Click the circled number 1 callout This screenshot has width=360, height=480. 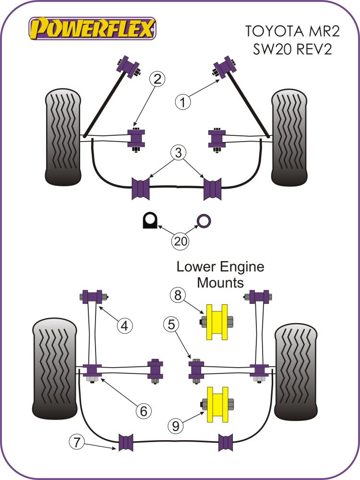(x=182, y=102)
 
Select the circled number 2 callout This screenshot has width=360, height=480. (x=157, y=80)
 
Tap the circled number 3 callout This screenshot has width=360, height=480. (x=178, y=154)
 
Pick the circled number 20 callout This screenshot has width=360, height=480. (x=180, y=241)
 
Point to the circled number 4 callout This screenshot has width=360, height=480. (x=125, y=326)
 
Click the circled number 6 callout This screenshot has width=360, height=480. (x=143, y=410)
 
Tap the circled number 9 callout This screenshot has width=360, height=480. (x=175, y=425)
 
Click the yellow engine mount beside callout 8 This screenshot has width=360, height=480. (x=216, y=322)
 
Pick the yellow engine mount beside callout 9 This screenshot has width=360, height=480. (x=216, y=405)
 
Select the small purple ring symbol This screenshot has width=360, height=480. (x=204, y=221)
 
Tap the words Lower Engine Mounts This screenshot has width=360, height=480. (x=220, y=275)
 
